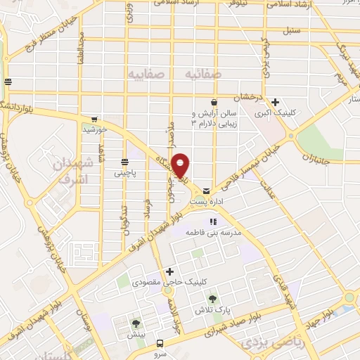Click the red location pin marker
181,165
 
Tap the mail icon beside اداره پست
206,191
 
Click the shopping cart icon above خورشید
94,119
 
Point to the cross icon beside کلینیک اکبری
275,102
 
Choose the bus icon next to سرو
160,344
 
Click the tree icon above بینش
136,323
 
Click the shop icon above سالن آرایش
213,103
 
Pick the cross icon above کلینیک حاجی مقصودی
169,271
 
